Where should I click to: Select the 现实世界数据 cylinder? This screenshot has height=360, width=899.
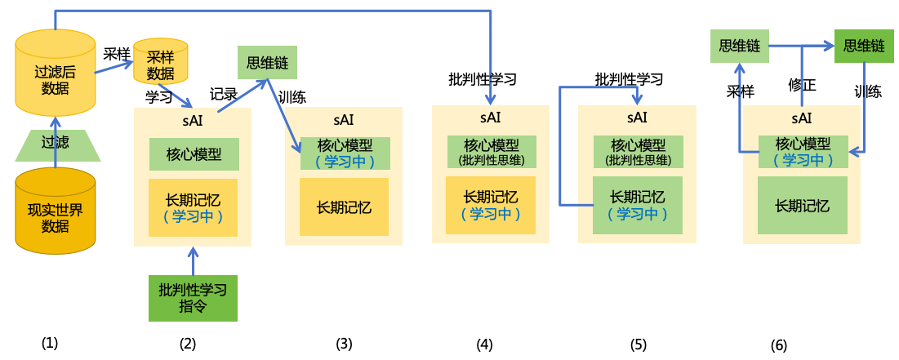56,212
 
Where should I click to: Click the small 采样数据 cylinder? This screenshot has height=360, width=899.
161,64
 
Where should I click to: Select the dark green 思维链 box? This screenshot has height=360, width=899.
864,47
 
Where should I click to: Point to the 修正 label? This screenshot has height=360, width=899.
802,85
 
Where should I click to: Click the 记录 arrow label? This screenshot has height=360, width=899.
223,94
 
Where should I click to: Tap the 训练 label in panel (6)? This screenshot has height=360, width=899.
867,91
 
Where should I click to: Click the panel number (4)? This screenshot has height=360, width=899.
485,344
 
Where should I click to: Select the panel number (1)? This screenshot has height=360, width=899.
50,343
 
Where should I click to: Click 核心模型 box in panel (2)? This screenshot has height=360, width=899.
193,154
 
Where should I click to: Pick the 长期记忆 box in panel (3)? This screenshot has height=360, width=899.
344,207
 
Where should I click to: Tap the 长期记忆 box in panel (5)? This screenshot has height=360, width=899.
638,205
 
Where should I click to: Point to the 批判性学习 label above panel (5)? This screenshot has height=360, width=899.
629,79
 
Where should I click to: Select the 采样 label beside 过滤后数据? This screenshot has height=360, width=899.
117,54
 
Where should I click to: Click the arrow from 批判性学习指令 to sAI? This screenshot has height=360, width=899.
193,261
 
